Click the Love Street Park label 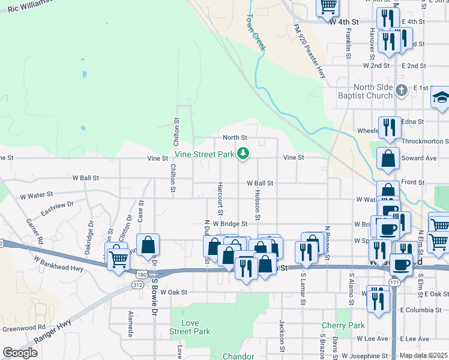point(190,327)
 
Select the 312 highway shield point(136,286)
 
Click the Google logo point(20,353)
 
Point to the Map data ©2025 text point(423,355)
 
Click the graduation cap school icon point(441,98)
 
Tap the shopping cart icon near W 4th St point(328,7)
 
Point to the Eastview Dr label point(57,209)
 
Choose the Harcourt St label point(220,199)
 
